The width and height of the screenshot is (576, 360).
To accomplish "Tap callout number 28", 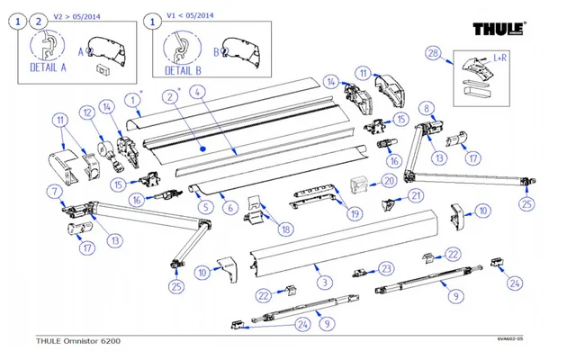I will coord(433,55).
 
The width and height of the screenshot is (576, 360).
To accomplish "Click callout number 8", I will coord(427,109).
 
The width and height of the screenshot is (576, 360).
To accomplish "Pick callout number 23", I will coord(386,268).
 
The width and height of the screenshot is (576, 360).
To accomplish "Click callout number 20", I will coord(388,181).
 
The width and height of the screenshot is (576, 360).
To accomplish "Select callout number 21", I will coord(415,195).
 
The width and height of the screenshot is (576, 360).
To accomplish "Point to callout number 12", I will coord(88,113).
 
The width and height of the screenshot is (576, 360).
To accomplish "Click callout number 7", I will coord(57,190).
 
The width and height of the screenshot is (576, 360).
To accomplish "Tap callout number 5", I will coord(206,206).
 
